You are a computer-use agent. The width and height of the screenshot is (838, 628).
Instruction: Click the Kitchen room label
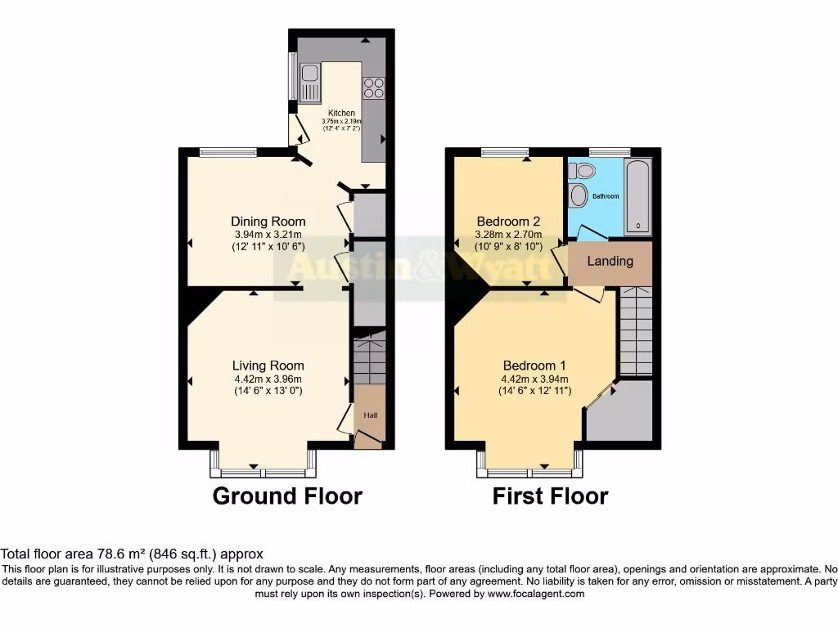(341, 113)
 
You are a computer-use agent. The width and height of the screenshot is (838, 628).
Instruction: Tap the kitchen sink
(309, 83)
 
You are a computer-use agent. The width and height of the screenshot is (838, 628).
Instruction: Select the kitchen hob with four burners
(373, 87)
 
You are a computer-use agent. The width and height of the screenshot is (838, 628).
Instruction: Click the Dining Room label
(268, 222)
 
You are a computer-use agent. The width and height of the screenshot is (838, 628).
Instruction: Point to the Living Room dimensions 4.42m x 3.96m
(268, 379)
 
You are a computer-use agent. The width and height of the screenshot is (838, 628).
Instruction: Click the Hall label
(370, 416)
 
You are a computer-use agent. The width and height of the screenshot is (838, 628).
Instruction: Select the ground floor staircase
(369, 357)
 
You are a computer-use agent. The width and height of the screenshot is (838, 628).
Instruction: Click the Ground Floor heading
(286, 496)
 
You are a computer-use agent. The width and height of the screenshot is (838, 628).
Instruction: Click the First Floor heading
(550, 496)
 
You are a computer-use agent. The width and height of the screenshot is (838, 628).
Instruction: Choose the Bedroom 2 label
(508, 222)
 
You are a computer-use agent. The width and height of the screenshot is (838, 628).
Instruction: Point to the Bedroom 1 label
(534, 366)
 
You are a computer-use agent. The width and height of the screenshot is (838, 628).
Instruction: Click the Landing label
(610, 261)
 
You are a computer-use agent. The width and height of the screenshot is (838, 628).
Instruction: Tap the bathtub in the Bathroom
(638, 196)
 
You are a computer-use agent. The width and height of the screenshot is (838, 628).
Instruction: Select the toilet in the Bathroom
(583, 171)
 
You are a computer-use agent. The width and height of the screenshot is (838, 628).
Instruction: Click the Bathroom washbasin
(579, 195)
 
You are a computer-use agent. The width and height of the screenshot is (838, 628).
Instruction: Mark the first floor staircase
(636, 330)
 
